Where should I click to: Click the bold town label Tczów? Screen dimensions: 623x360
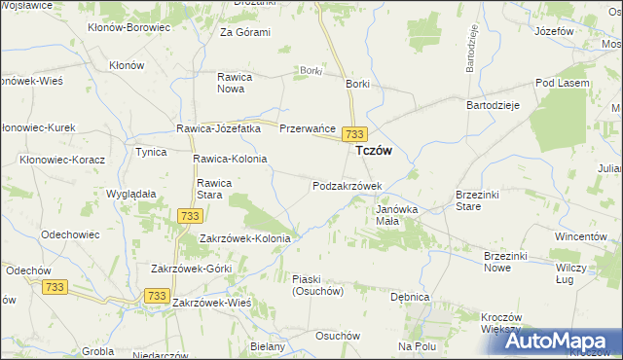375,151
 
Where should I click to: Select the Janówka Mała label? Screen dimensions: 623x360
396,213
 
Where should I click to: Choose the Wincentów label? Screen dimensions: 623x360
581,236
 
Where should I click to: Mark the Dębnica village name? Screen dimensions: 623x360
410,297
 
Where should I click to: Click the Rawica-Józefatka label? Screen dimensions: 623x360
218,128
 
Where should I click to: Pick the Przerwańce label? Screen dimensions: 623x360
308,128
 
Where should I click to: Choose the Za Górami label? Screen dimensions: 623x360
244,32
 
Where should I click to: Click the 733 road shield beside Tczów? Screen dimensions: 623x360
356,133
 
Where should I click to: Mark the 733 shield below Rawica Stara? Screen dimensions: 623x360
190,216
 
